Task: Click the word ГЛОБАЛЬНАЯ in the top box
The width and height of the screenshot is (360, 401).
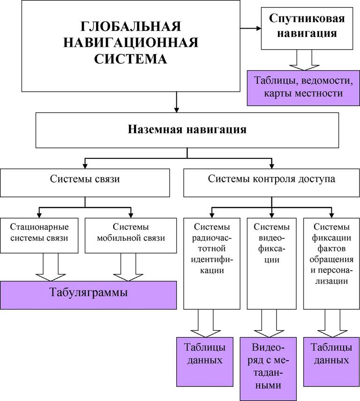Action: coord(131,26)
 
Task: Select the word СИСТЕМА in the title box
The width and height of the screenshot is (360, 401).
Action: coord(130,59)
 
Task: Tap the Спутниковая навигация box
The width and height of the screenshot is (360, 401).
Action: coord(307,29)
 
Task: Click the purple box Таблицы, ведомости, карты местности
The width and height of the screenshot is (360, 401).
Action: coord(303,88)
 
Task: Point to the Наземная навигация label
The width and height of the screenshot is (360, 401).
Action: coord(187,129)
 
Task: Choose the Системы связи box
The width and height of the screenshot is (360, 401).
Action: coord(85,183)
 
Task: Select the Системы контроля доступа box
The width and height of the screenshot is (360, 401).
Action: coord(271,183)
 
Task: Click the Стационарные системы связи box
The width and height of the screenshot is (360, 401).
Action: coord(39,236)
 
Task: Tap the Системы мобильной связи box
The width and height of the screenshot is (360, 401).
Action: coord(131,236)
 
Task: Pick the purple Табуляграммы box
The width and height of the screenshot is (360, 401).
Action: coord(88,295)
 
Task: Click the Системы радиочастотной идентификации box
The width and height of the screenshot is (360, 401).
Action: coord(212,264)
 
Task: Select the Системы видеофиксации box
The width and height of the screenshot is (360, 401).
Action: coord(271,264)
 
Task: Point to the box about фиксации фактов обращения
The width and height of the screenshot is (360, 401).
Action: coord(331,264)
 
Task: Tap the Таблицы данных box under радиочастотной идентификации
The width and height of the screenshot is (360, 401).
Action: coord(205,362)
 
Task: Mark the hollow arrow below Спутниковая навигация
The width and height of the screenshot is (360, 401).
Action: coord(304,60)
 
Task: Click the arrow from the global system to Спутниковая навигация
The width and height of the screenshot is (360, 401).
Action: coord(250,28)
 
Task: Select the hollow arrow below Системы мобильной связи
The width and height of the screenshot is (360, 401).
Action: coord(128,267)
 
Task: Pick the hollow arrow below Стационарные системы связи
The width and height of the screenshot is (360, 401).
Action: coord(51,267)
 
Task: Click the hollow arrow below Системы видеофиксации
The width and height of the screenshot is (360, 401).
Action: coord(269,324)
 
